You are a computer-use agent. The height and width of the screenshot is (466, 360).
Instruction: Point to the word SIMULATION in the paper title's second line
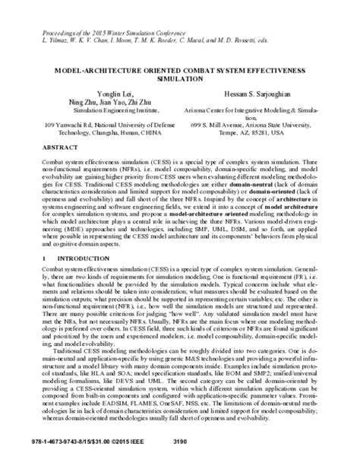(179, 77)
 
